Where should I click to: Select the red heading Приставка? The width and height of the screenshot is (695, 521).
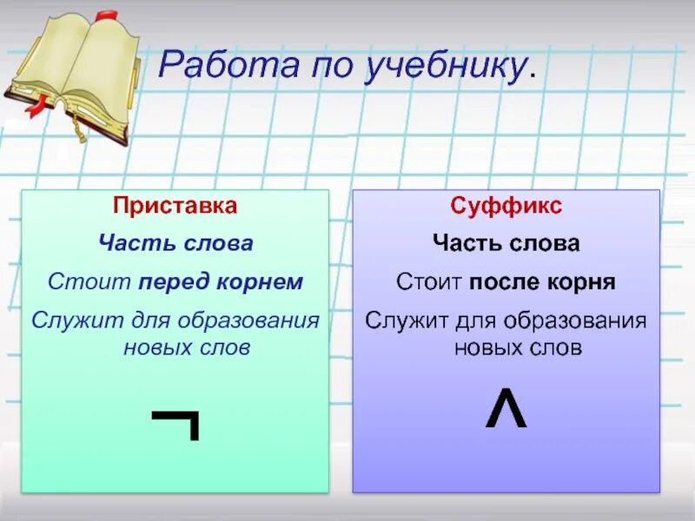point(175,207)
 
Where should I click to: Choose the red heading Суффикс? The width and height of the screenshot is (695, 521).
point(506,207)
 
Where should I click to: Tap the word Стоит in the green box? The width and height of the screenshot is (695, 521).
point(77,282)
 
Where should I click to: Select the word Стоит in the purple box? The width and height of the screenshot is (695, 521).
point(427,282)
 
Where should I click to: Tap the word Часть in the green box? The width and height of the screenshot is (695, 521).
point(127,244)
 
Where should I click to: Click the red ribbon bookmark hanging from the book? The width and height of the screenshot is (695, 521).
point(36,104)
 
